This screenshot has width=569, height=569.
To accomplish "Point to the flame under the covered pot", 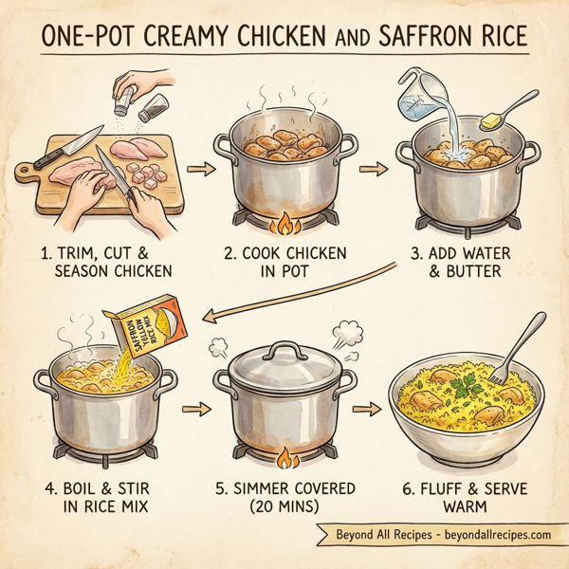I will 284,458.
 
